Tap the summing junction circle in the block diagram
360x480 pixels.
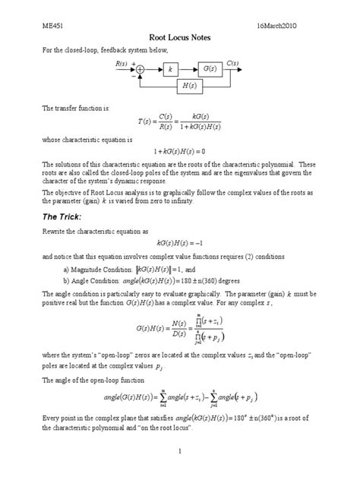point(140,69)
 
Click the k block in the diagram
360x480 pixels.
point(170,69)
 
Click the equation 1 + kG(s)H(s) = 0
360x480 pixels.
point(180,151)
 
